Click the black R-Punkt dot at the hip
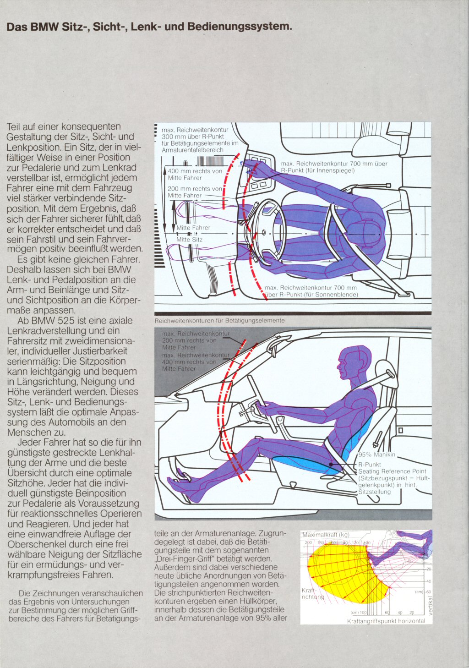coord(331,464)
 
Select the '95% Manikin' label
coord(376,454)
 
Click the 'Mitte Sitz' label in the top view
coord(189,240)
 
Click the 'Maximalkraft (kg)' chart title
coord(326,535)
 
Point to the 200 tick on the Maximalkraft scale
coord(308,542)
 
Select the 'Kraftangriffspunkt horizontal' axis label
coord(386,621)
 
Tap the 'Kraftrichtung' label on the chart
coord(313,594)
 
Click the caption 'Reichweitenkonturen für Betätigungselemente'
coord(219,320)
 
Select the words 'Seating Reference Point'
coord(392,471)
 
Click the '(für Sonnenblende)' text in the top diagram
coord(331,295)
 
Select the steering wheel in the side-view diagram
coord(261,403)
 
